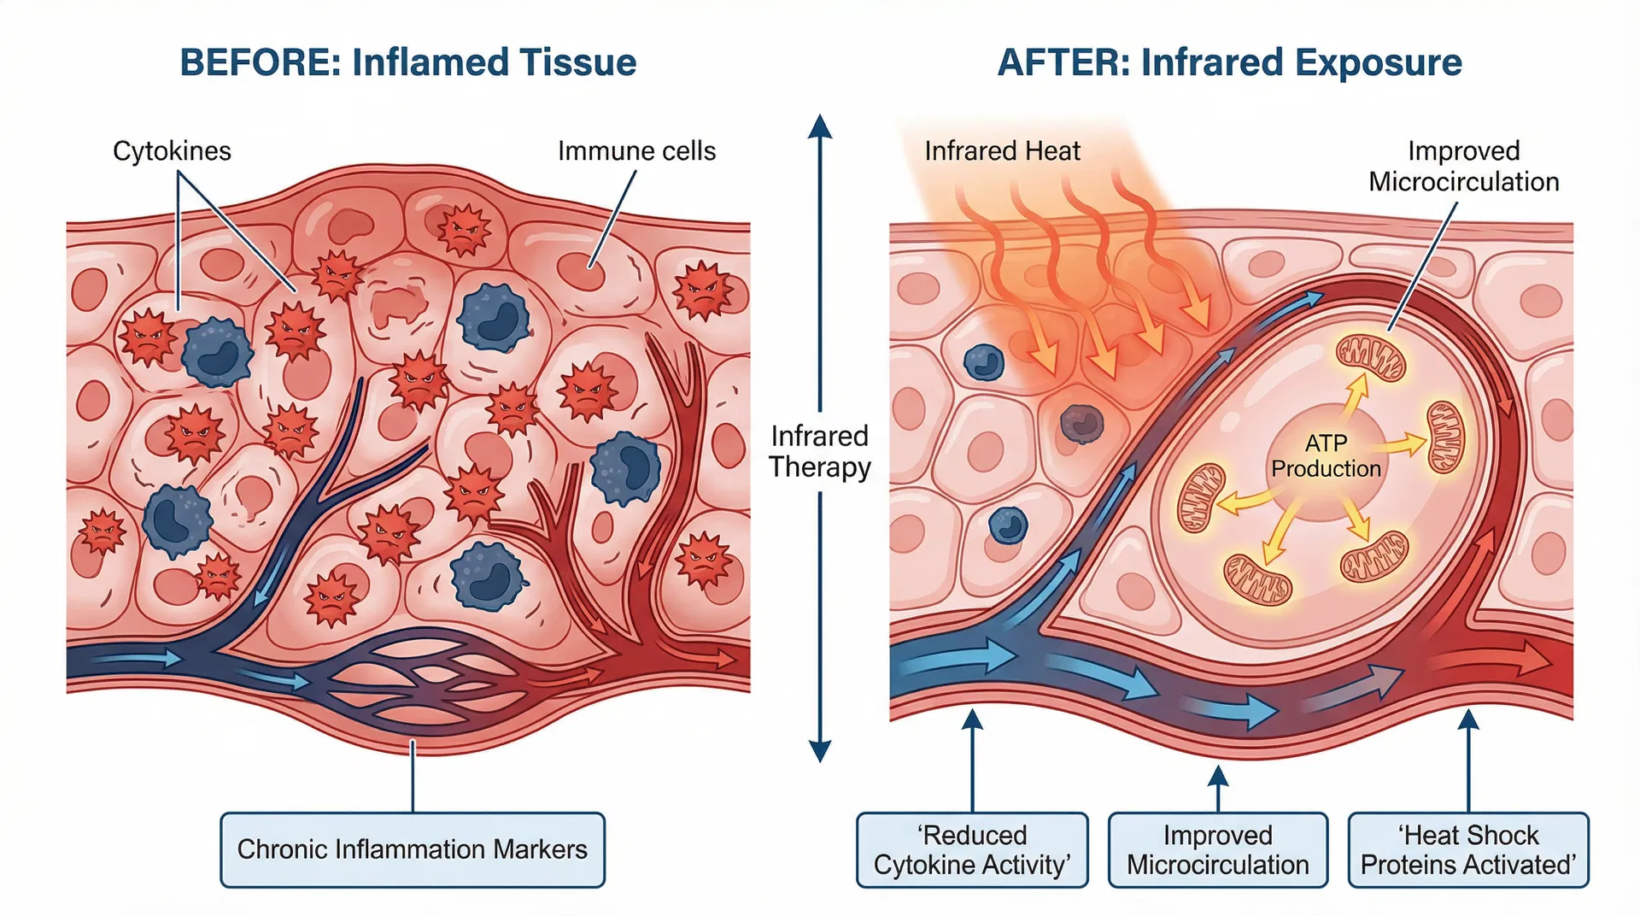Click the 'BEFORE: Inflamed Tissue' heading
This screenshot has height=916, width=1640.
407,62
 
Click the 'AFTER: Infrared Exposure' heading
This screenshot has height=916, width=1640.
1229,62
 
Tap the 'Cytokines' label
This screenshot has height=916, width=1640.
172,151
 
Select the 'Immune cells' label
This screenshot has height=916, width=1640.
636,151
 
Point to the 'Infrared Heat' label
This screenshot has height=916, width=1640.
1002,151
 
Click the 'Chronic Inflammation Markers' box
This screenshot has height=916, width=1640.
413,849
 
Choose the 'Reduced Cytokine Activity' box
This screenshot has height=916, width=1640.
972,849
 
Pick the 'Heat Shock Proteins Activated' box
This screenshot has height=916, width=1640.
1467,849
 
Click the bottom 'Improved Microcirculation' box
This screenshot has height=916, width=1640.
1217,849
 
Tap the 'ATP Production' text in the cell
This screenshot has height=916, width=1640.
1326,455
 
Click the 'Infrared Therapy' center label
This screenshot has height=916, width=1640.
819,451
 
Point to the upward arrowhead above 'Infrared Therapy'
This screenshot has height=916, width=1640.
820,127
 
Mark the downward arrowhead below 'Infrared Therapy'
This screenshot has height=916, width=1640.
820,750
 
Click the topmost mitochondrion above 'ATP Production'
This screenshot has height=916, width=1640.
1370,357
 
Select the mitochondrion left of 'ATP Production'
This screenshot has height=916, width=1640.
1201,498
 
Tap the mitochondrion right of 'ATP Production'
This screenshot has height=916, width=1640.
1446,437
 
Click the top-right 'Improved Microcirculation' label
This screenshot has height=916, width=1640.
1463,166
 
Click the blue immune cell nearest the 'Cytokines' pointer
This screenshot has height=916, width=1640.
217,351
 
